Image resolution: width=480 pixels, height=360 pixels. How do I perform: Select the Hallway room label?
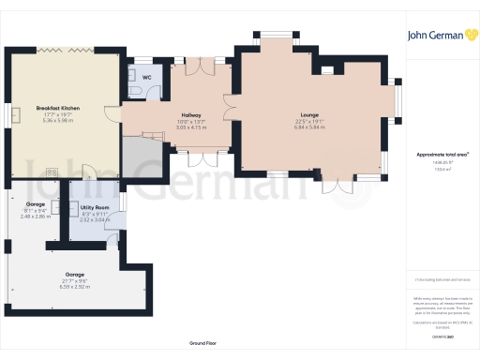coord(191,115)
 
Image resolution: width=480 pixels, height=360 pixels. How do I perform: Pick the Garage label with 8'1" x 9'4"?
coord(35,204)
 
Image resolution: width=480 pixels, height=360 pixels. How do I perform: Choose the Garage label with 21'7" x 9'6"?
coord(75,249)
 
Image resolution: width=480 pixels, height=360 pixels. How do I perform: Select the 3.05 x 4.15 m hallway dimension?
coord(191,127)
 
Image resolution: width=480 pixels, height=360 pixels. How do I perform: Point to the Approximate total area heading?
coord(437,154)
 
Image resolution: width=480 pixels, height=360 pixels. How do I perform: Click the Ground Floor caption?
coord(202,344)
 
